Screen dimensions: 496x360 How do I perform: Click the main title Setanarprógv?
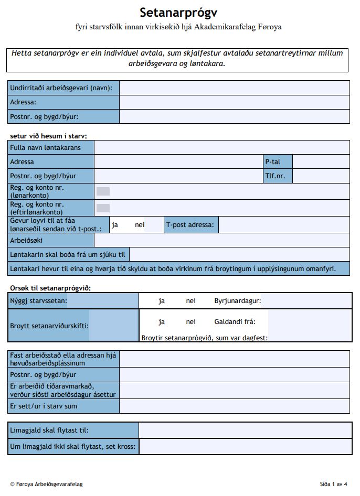click(178, 13)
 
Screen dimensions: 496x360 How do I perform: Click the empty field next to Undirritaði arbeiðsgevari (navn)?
click(234, 88)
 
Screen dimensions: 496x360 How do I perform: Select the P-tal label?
click(271, 162)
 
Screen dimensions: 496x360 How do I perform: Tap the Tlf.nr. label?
click(275, 176)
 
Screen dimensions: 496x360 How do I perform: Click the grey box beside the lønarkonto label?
click(103, 191)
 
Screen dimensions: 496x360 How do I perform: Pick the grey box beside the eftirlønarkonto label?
click(103, 208)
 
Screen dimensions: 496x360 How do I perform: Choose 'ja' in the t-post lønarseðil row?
click(115, 225)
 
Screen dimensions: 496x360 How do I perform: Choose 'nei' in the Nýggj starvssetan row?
click(190, 301)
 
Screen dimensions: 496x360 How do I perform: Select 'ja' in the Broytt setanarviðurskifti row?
click(162, 322)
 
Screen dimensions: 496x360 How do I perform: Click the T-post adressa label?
click(190, 225)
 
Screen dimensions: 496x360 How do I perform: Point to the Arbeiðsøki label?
click(26, 241)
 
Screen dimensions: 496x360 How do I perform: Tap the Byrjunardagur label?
click(238, 301)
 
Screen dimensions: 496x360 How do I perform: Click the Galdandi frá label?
click(234, 322)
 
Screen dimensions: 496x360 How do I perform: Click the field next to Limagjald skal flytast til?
click(245, 430)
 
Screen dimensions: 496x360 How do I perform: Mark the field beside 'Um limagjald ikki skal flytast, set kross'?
click(245, 447)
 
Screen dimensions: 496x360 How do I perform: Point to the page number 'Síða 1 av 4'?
click(333, 484)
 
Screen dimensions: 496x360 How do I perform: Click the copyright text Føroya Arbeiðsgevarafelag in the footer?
click(46, 484)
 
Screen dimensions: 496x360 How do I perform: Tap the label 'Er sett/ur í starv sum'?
click(44, 406)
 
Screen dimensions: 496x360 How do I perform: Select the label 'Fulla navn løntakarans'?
click(46, 148)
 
